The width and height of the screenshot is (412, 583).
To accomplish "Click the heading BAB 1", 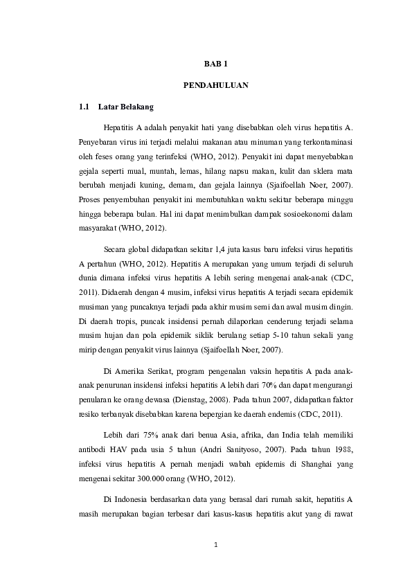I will (215, 64).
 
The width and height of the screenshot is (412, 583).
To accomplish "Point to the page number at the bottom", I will (215, 544).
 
